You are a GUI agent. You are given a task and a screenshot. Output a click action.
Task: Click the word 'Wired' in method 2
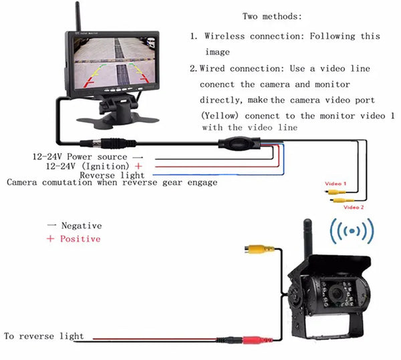(217, 69)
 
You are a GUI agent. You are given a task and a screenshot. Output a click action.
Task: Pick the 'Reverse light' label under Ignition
(107, 174)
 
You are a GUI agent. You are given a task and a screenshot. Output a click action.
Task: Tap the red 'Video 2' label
(353, 207)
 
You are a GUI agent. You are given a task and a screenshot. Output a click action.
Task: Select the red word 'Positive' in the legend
(80, 238)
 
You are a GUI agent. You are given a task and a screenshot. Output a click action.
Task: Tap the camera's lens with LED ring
(333, 294)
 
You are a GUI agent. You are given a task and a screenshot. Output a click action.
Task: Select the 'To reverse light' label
(44, 336)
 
